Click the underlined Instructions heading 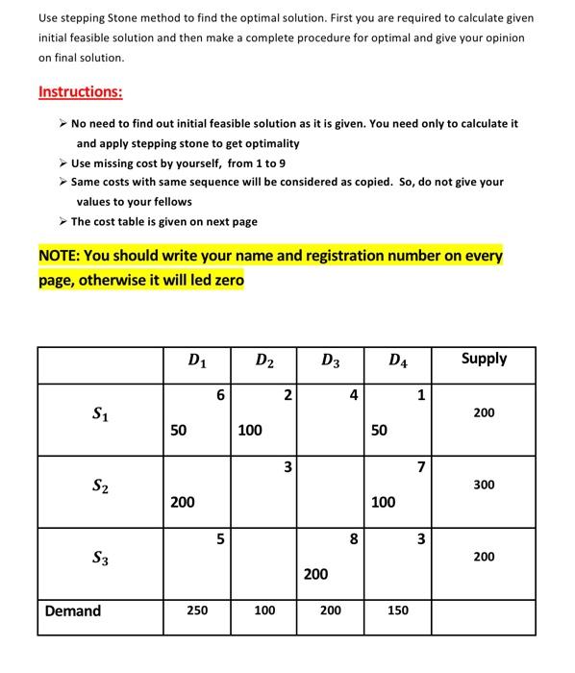pos(80,92)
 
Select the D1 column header pos(196,361)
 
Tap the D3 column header pos(330,361)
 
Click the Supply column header pos(484,359)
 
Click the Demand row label pos(73,611)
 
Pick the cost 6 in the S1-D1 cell pos(220,395)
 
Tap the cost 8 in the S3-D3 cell pos(354,539)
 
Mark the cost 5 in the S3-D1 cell pos(220,539)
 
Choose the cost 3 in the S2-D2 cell pos(287,467)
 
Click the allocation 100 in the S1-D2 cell pos(250,431)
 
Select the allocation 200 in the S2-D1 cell pos(183,502)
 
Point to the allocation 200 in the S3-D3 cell pos(316,574)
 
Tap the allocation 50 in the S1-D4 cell pos(379,431)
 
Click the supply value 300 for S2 pos(484,485)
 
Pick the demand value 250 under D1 pos(196,611)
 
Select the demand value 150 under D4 pos(397,611)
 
